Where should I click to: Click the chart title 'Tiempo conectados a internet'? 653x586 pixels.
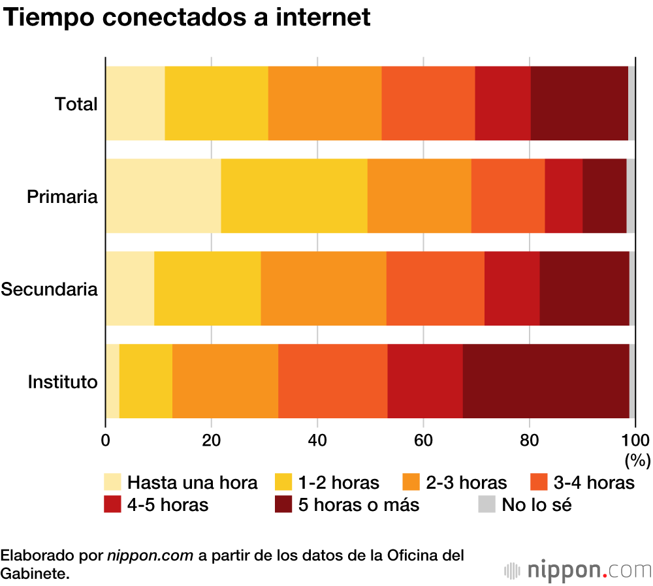(x=187, y=18)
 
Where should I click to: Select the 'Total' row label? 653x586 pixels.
(x=76, y=104)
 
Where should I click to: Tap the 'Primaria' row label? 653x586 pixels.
(x=63, y=196)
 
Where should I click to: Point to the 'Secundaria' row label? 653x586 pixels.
(x=50, y=288)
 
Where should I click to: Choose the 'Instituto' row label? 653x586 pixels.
(x=63, y=381)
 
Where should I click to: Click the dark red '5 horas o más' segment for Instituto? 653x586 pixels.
(x=546, y=381)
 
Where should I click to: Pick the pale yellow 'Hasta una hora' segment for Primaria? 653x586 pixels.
(x=163, y=196)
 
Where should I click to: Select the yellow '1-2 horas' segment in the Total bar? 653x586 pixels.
(x=216, y=103)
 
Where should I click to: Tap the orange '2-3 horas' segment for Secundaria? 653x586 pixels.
(x=323, y=288)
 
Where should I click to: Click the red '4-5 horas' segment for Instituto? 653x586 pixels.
(x=425, y=381)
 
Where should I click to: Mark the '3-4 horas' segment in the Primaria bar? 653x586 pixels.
(x=508, y=196)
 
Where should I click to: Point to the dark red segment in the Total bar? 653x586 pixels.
(x=579, y=103)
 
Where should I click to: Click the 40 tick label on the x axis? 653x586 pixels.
(x=317, y=439)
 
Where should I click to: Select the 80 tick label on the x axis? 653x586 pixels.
(x=529, y=439)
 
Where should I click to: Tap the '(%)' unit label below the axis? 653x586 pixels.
(x=637, y=460)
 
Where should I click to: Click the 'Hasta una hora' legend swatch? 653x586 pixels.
(x=113, y=483)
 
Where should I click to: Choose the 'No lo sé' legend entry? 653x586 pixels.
(x=526, y=504)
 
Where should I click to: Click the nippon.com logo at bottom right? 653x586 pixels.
(x=577, y=570)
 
